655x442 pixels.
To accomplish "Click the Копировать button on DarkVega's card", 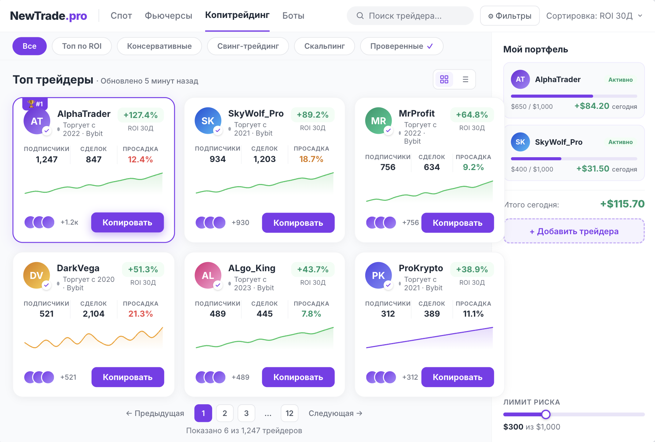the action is tap(127, 377).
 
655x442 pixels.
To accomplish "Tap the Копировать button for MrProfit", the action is tap(458, 223).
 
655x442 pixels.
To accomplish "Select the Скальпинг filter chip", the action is tap(324, 46).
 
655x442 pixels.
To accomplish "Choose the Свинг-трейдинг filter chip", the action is tap(248, 46).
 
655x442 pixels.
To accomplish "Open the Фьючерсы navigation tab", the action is tap(169, 16).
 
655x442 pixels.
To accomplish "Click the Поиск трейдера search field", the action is tap(410, 16).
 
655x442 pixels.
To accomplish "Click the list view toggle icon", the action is tap(465, 79).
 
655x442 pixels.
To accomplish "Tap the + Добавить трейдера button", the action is tap(574, 231).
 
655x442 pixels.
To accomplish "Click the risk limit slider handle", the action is tap(546, 415).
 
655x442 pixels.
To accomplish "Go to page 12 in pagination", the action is tap(289, 413).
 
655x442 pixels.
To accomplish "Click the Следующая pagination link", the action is tap(335, 413).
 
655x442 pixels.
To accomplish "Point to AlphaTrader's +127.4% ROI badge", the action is tap(141, 115).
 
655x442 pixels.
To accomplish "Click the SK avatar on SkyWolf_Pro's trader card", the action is tap(208, 121).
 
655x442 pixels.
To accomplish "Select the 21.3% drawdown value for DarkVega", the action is tap(141, 314).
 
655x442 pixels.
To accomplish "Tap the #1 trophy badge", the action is tap(35, 104).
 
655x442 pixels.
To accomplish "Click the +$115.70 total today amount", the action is tap(622, 204).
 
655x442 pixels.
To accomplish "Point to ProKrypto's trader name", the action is tap(421, 268).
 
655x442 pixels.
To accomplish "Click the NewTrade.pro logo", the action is tap(48, 16).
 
